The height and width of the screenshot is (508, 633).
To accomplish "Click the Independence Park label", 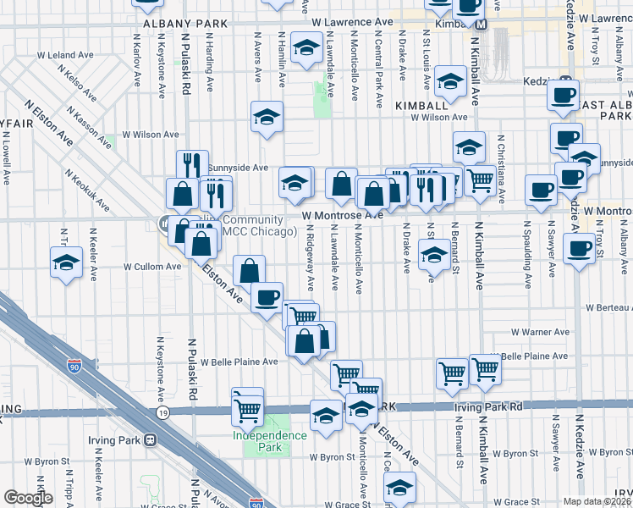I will coord(270,441).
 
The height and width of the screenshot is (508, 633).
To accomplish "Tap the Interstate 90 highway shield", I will coord(76,366).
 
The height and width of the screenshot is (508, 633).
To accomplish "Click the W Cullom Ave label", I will coord(152,266).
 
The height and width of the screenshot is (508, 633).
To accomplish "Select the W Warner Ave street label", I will coord(539,333).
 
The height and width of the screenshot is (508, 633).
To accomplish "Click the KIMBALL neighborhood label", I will coord(420,105).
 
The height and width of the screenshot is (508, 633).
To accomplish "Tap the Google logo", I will coord(28,497).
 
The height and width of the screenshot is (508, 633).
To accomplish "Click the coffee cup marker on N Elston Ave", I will coord(267,297).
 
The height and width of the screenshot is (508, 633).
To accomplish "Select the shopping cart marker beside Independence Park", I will coord(248,410).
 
